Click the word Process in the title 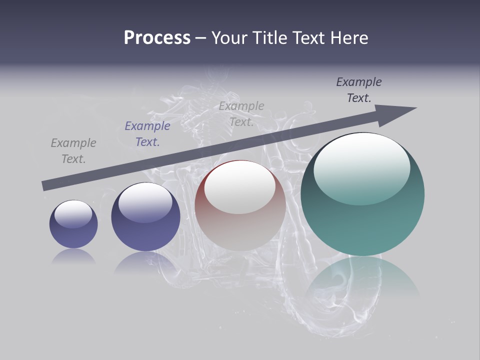(157, 38)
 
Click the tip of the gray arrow (415, 108)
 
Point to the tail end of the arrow (44, 186)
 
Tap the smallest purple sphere (73, 235)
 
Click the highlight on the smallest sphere (73, 214)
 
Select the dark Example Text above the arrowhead (359, 90)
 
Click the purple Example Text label (147, 134)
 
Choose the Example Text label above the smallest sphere (73, 151)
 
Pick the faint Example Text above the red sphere (241, 114)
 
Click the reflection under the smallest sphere (73, 256)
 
